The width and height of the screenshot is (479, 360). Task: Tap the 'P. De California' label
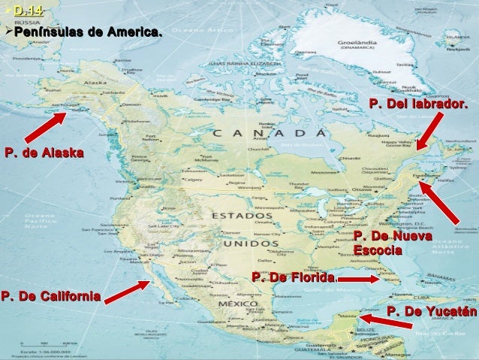click(x=52, y=295)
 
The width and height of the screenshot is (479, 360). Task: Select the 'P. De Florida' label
click(x=294, y=279)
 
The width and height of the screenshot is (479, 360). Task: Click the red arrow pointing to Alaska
click(x=45, y=126)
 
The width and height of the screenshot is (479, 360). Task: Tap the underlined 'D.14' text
click(x=28, y=11)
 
